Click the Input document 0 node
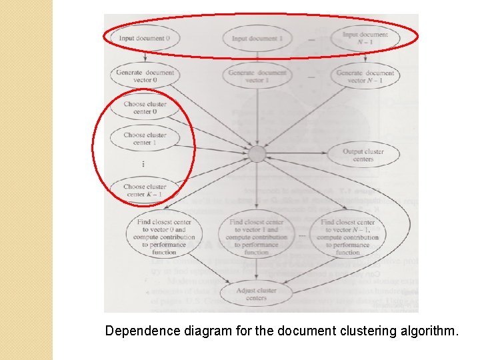(x=144, y=38)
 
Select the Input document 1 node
(x=257, y=39)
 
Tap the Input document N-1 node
(x=365, y=38)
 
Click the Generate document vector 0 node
(x=145, y=76)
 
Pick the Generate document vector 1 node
(x=257, y=76)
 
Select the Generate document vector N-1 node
(x=365, y=76)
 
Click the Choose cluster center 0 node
(x=145, y=107)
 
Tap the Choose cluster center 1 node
(x=145, y=139)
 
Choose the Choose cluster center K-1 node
(x=145, y=190)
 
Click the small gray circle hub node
(x=257, y=155)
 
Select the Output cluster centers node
(x=363, y=155)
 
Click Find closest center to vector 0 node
(x=164, y=237)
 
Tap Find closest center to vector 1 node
(x=257, y=237)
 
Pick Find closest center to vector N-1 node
(x=347, y=237)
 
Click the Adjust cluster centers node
(x=257, y=294)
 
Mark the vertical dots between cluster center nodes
(x=143, y=164)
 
